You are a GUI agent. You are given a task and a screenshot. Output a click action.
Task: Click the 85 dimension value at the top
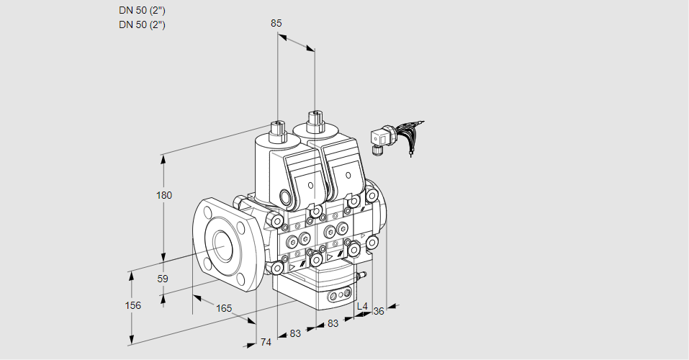(x=276, y=23)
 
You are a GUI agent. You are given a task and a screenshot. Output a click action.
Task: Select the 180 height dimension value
(x=164, y=195)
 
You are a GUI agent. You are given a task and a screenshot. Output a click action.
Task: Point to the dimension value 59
(x=163, y=279)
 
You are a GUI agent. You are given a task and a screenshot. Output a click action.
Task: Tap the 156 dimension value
(x=133, y=305)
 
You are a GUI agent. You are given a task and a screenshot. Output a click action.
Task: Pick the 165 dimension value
(x=224, y=308)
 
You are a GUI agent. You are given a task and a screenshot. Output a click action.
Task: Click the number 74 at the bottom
(x=266, y=342)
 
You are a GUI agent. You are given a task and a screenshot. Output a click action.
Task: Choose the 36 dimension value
(x=379, y=310)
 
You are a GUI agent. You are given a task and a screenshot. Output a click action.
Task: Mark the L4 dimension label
(x=362, y=307)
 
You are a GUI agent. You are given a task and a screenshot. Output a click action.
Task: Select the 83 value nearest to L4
(x=333, y=323)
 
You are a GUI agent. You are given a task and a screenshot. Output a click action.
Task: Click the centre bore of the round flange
(x=220, y=247)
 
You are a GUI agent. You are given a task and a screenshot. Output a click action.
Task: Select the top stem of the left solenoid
(x=276, y=130)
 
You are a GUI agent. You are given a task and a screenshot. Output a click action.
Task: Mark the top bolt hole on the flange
(x=207, y=212)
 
